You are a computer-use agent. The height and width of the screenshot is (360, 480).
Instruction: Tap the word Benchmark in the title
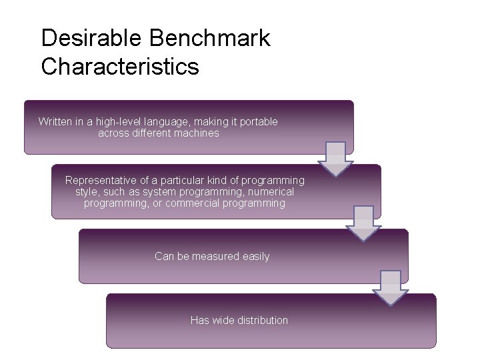click(209, 38)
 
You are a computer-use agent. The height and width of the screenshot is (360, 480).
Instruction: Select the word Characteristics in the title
click(120, 67)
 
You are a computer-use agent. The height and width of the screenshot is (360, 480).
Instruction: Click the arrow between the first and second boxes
click(335, 159)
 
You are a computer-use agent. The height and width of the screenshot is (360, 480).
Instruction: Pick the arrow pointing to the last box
click(390, 287)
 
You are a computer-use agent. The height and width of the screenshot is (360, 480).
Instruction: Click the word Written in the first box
click(55, 121)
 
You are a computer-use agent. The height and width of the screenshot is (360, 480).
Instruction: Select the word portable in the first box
click(258, 121)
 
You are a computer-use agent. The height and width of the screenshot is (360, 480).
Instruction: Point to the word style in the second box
click(87, 191)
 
